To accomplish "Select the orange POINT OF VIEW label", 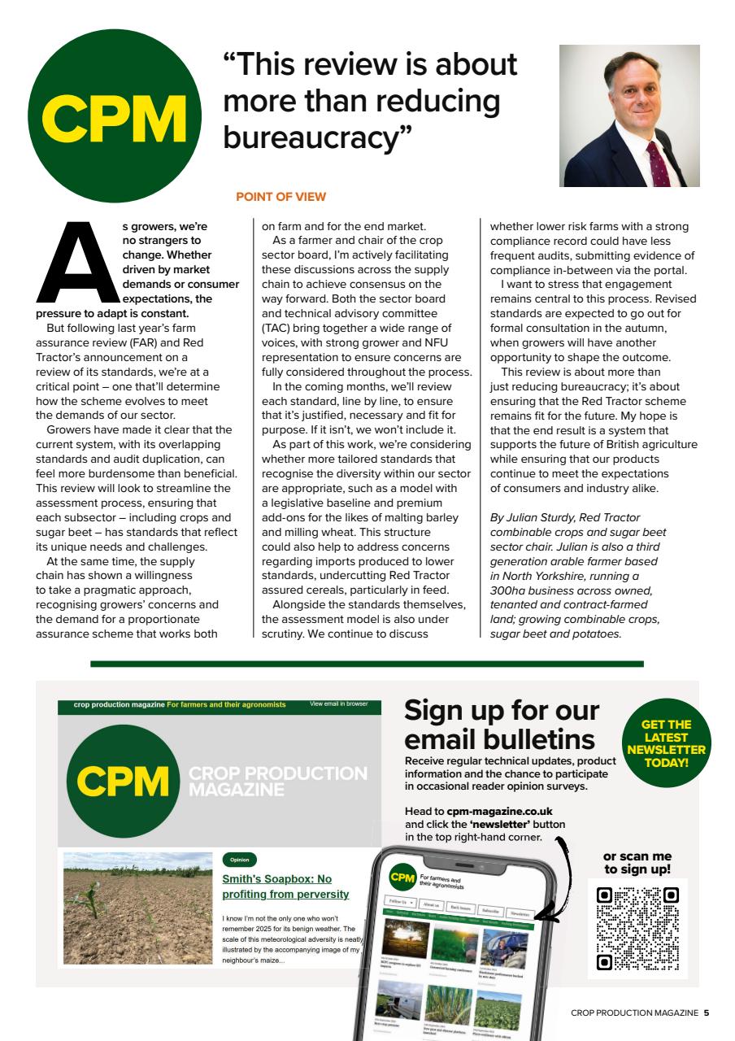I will [281, 197].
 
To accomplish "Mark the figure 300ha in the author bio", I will [511, 590].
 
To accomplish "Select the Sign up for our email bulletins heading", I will [502, 725].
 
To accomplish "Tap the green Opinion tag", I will [239, 860].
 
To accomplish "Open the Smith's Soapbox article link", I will [285, 886].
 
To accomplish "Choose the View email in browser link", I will [338, 704].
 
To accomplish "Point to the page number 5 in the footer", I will [707, 1013].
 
